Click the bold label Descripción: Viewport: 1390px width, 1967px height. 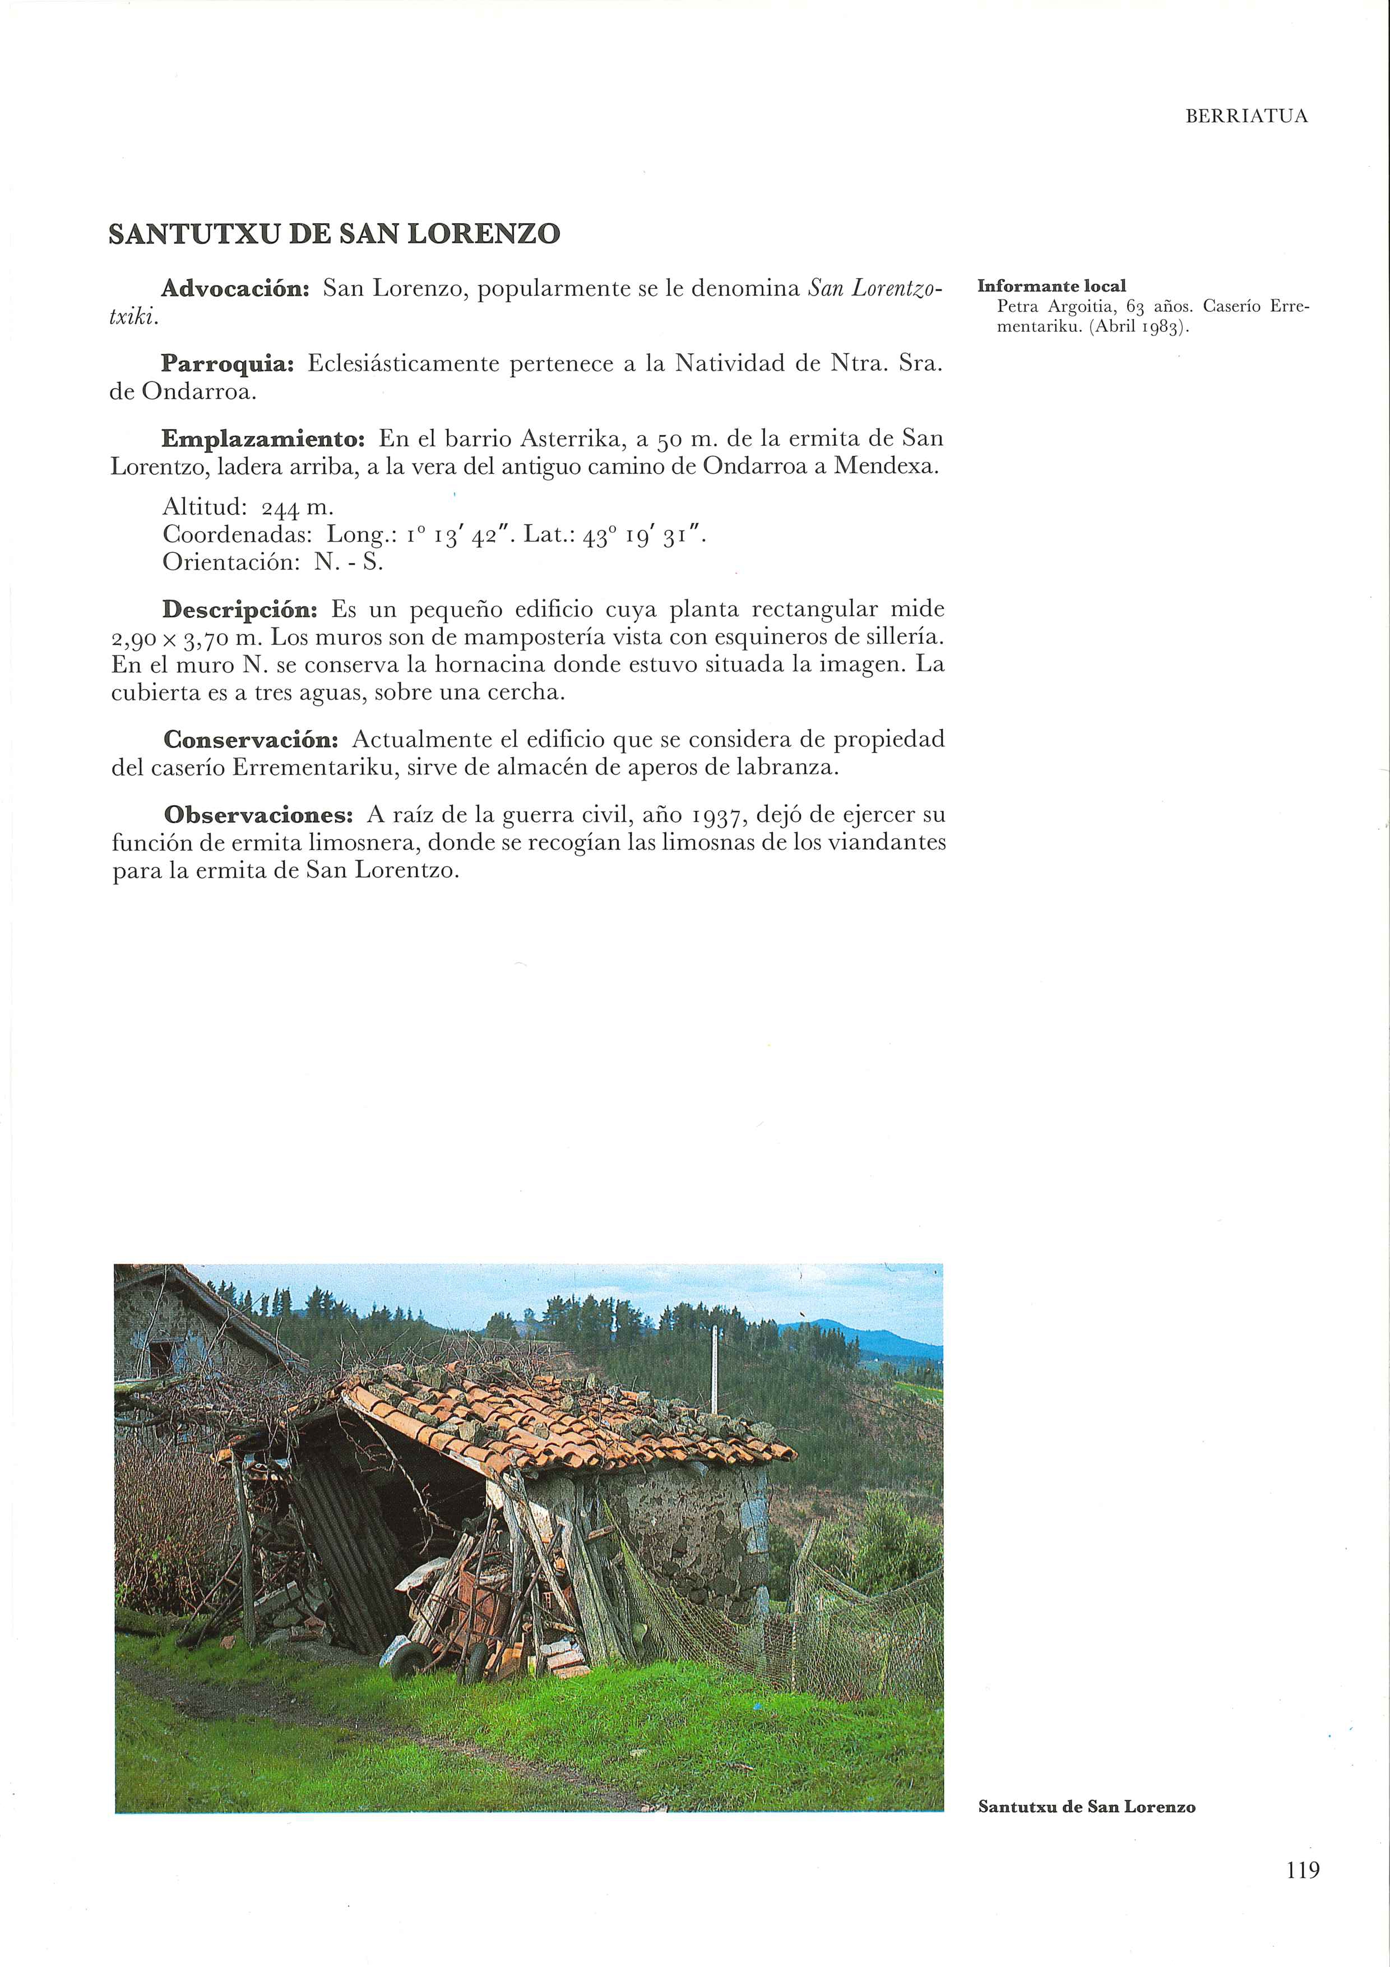coord(240,610)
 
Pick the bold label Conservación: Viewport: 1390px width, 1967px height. coord(252,738)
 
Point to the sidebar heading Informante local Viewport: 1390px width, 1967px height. coord(1051,286)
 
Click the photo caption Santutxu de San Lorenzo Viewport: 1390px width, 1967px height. coord(1086,1807)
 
